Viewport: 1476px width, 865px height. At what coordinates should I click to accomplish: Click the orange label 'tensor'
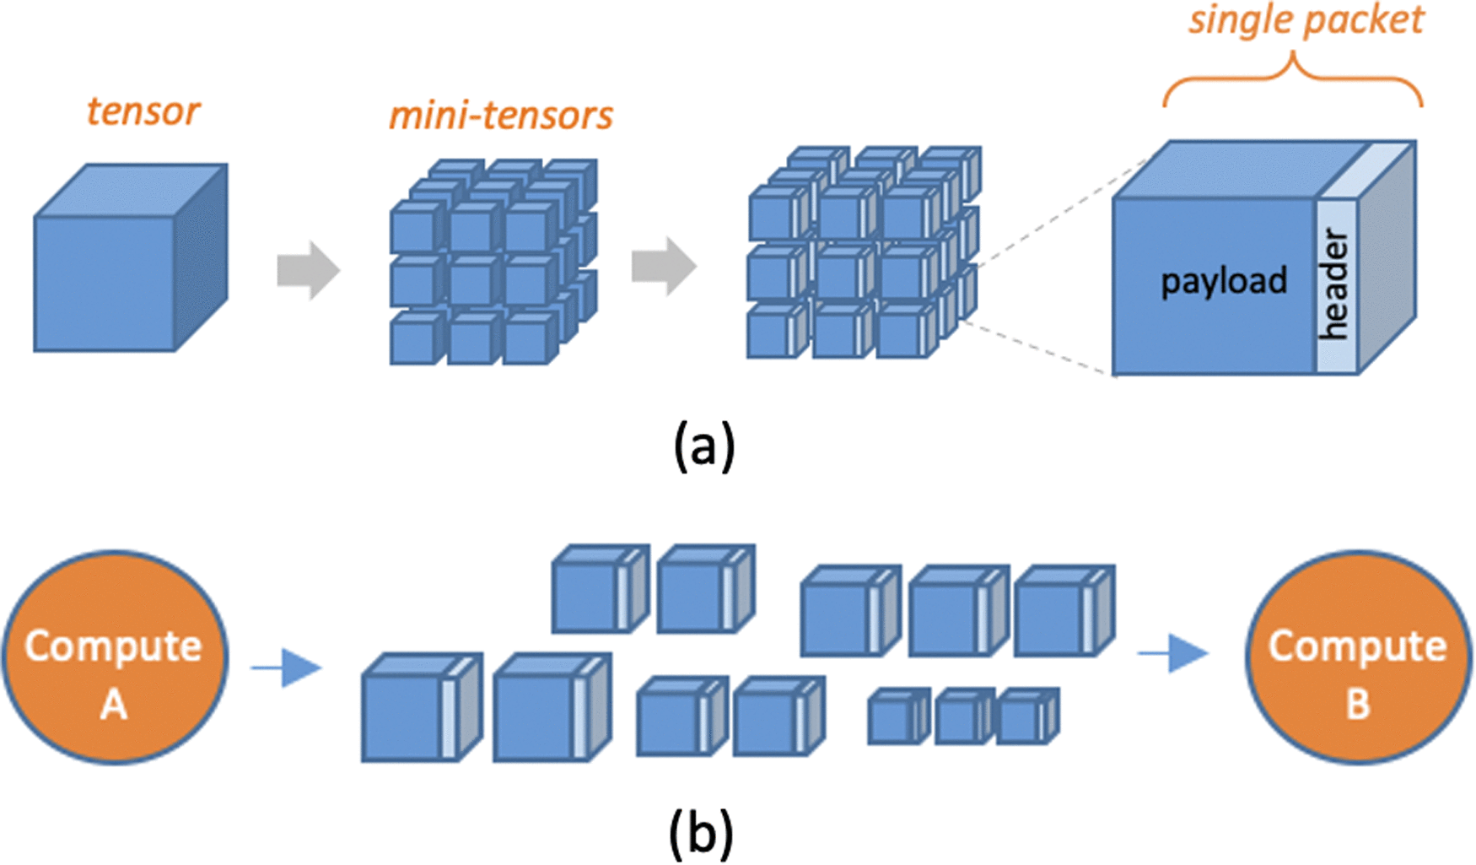pyautogui.click(x=143, y=111)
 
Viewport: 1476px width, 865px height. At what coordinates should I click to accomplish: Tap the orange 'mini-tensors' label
pyautogui.click(x=501, y=116)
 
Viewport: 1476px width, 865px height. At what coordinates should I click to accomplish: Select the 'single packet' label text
pyautogui.click(x=1306, y=20)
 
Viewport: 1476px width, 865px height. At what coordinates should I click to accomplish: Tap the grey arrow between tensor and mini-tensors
pyautogui.click(x=308, y=271)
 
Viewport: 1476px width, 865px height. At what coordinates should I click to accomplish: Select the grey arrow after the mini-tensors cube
pyautogui.click(x=664, y=266)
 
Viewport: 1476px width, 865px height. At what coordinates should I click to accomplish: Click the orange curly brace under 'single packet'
pyautogui.click(x=1293, y=80)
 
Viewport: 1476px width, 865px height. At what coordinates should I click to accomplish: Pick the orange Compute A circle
pyautogui.click(x=115, y=658)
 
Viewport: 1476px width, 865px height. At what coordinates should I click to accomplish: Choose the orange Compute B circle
pyautogui.click(x=1358, y=658)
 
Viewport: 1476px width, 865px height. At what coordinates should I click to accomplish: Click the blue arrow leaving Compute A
pyautogui.click(x=287, y=668)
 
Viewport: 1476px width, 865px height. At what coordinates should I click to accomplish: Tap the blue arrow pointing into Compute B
pyautogui.click(x=1173, y=652)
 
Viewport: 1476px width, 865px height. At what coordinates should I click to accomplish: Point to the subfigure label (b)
pyautogui.click(x=701, y=833)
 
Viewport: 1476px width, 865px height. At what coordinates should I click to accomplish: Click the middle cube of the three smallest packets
pyautogui.click(x=962, y=717)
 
